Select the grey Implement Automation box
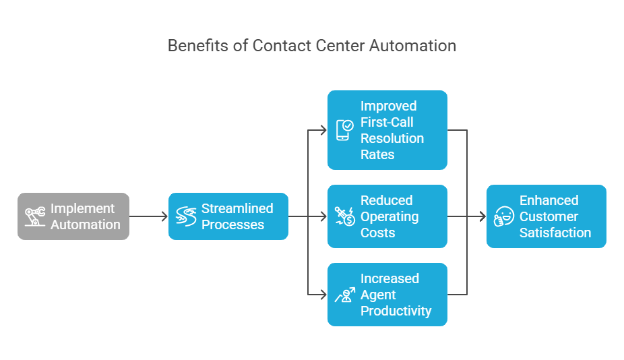[73, 216]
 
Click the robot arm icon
[35, 216]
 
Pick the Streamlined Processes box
[228, 216]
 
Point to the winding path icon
[186, 216]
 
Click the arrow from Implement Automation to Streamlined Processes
[148, 216]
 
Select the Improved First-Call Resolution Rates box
[387, 130]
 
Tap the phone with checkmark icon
[344, 130]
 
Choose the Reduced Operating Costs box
[387, 216]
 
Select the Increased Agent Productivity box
[387, 295]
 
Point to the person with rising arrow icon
[344, 295]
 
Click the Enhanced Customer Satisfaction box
[546, 216]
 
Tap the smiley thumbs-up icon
[503, 216]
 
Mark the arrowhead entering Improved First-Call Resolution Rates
[323, 130]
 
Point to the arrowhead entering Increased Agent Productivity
[323, 295]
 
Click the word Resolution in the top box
[392, 138]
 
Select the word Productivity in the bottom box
[396, 311]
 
